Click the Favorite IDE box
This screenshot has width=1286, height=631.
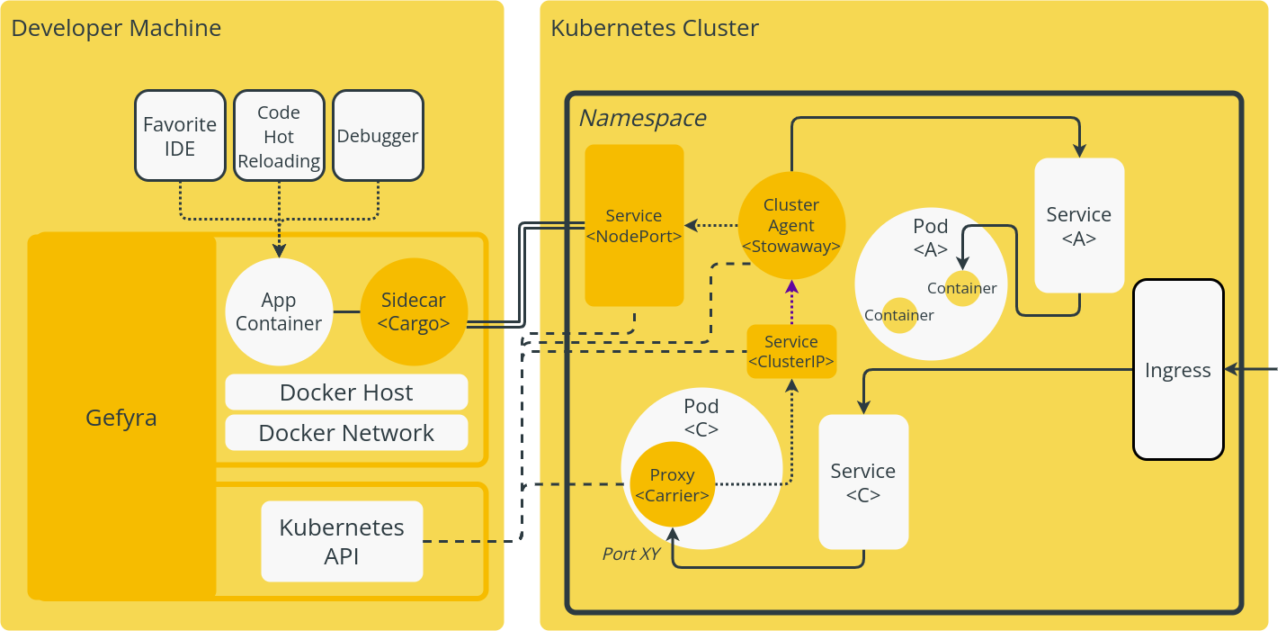(180, 136)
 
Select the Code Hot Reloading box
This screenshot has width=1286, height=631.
(279, 136)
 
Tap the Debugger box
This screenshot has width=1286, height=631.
(378, 136)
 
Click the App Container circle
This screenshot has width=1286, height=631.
(279, 311)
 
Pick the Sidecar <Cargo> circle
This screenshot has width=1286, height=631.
(413, 311)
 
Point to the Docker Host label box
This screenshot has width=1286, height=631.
(346, 392)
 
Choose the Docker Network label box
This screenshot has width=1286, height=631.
(346, 433)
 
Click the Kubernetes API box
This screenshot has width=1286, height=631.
(342, 541)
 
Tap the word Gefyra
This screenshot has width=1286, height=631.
(121, 418)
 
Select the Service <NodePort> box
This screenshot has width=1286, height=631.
(634, 225)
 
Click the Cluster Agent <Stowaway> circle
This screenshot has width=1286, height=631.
(791, 225)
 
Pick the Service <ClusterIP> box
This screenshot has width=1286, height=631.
(791, 351)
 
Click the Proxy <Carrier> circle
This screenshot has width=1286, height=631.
(672, 484)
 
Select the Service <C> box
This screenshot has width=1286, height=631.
(863, 482)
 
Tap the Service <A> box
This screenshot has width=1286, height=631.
(1079, 225)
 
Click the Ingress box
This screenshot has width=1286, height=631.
(1178, 369)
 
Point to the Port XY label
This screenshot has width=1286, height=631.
(631, 554)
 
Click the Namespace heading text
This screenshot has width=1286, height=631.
(641, 118)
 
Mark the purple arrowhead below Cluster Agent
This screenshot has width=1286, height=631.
(791, 287)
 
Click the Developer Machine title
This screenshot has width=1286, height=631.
(116, 28)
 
